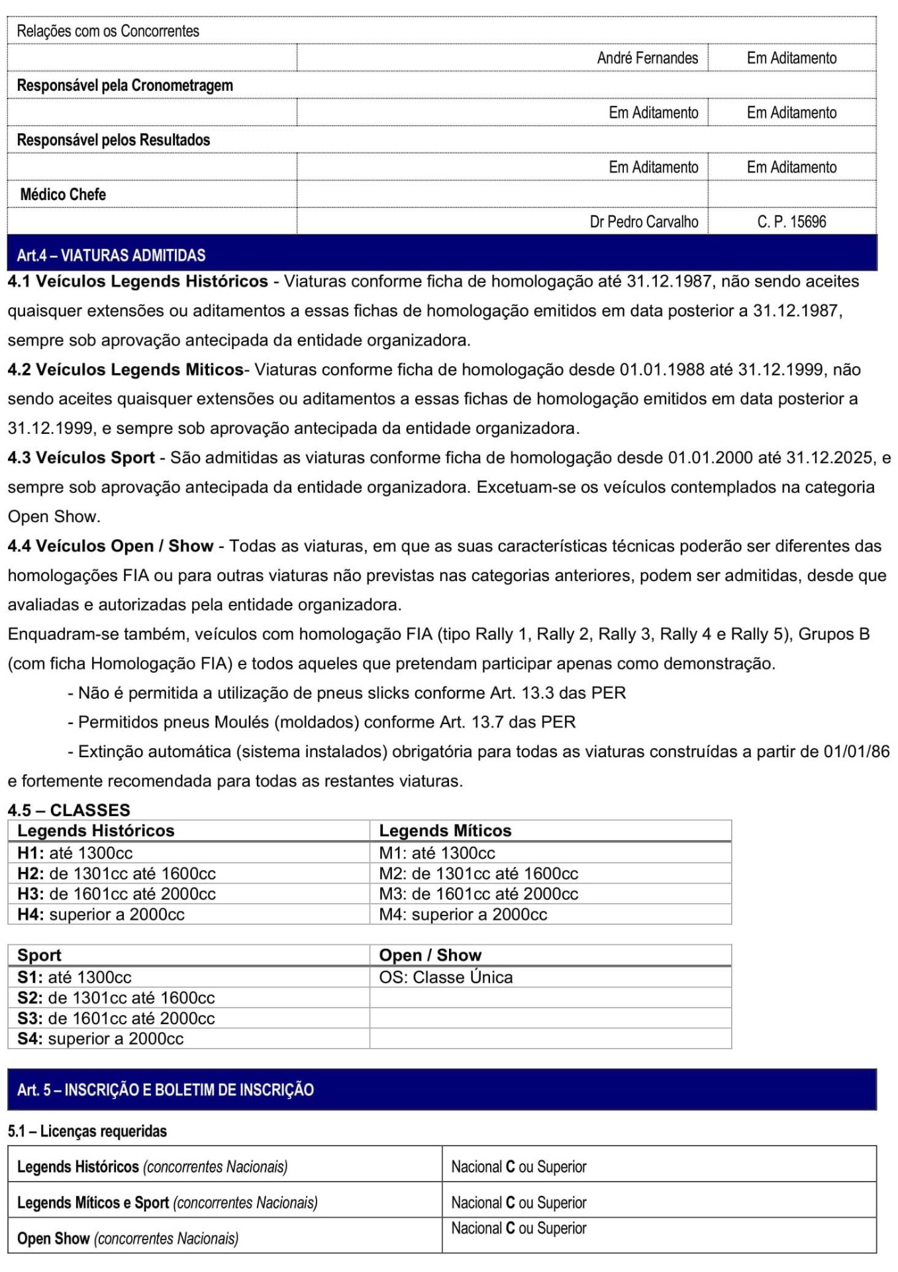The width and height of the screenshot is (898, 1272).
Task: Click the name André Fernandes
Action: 647,58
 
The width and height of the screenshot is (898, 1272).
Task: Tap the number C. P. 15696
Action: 791,222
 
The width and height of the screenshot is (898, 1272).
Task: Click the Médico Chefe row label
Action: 63,195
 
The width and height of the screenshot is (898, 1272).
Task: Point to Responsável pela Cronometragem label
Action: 125,85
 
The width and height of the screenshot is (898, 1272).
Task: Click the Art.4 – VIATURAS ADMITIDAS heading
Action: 111,255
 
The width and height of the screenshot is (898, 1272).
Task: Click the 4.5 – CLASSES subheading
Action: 69,810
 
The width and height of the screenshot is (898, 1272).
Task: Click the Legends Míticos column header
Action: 445,831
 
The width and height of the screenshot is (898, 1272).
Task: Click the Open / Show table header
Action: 430,955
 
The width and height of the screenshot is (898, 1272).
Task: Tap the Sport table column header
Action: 39,955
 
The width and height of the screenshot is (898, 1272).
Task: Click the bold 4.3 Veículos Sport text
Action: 81,458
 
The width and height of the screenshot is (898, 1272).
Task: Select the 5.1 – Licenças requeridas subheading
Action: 87,1131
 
